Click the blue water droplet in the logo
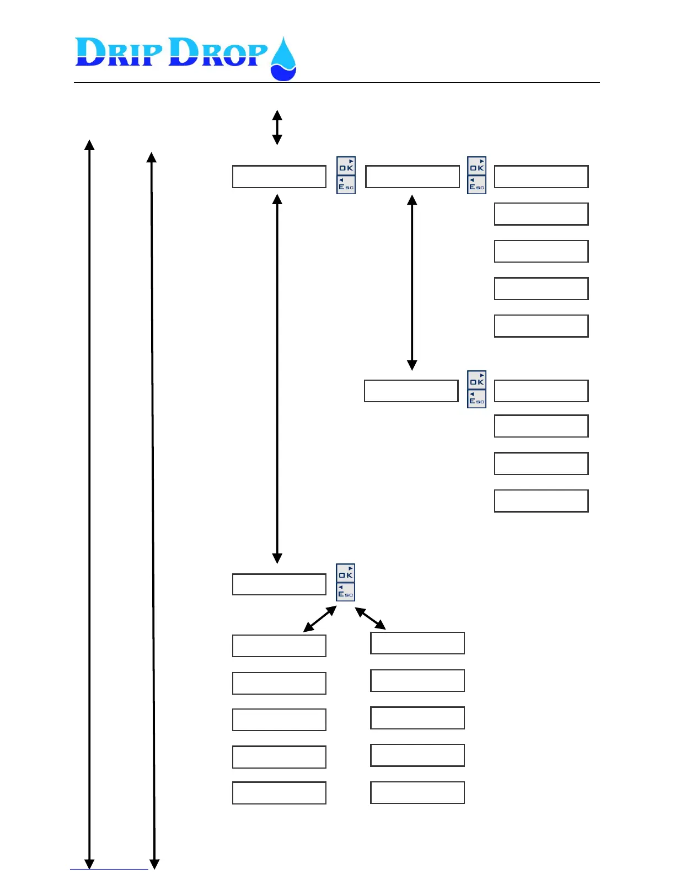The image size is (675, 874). [x=283, y=60]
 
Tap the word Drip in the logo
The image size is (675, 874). [x=119, y=52]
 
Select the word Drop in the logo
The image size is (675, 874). [x=218, y=52]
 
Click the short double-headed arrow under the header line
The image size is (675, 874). [x=277, y=127]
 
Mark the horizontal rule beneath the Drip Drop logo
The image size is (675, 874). [x=336, y=83]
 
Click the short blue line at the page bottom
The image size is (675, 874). [x=109, y=869]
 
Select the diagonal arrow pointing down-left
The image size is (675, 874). [x=320, y=619]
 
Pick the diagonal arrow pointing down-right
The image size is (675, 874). [x=370, y=618]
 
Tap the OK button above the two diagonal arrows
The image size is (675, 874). [x=346, y=573]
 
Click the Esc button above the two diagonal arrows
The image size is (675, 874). [x=346, y=592]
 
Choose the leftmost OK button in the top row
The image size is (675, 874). [x=346, y=166]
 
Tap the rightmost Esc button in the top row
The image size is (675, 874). [x=477, y=185]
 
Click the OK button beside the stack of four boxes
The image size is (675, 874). [x=477, y=380]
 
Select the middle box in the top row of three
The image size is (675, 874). [x=413, y=177]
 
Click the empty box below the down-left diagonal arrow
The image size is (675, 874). [x=279, y=646]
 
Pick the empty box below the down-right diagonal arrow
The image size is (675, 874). [x=417, y=643]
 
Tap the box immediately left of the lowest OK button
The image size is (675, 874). [x=279, y=584]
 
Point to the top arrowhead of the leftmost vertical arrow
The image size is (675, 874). [x=89, y=145]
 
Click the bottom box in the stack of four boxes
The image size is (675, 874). [x=541, y=501]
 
